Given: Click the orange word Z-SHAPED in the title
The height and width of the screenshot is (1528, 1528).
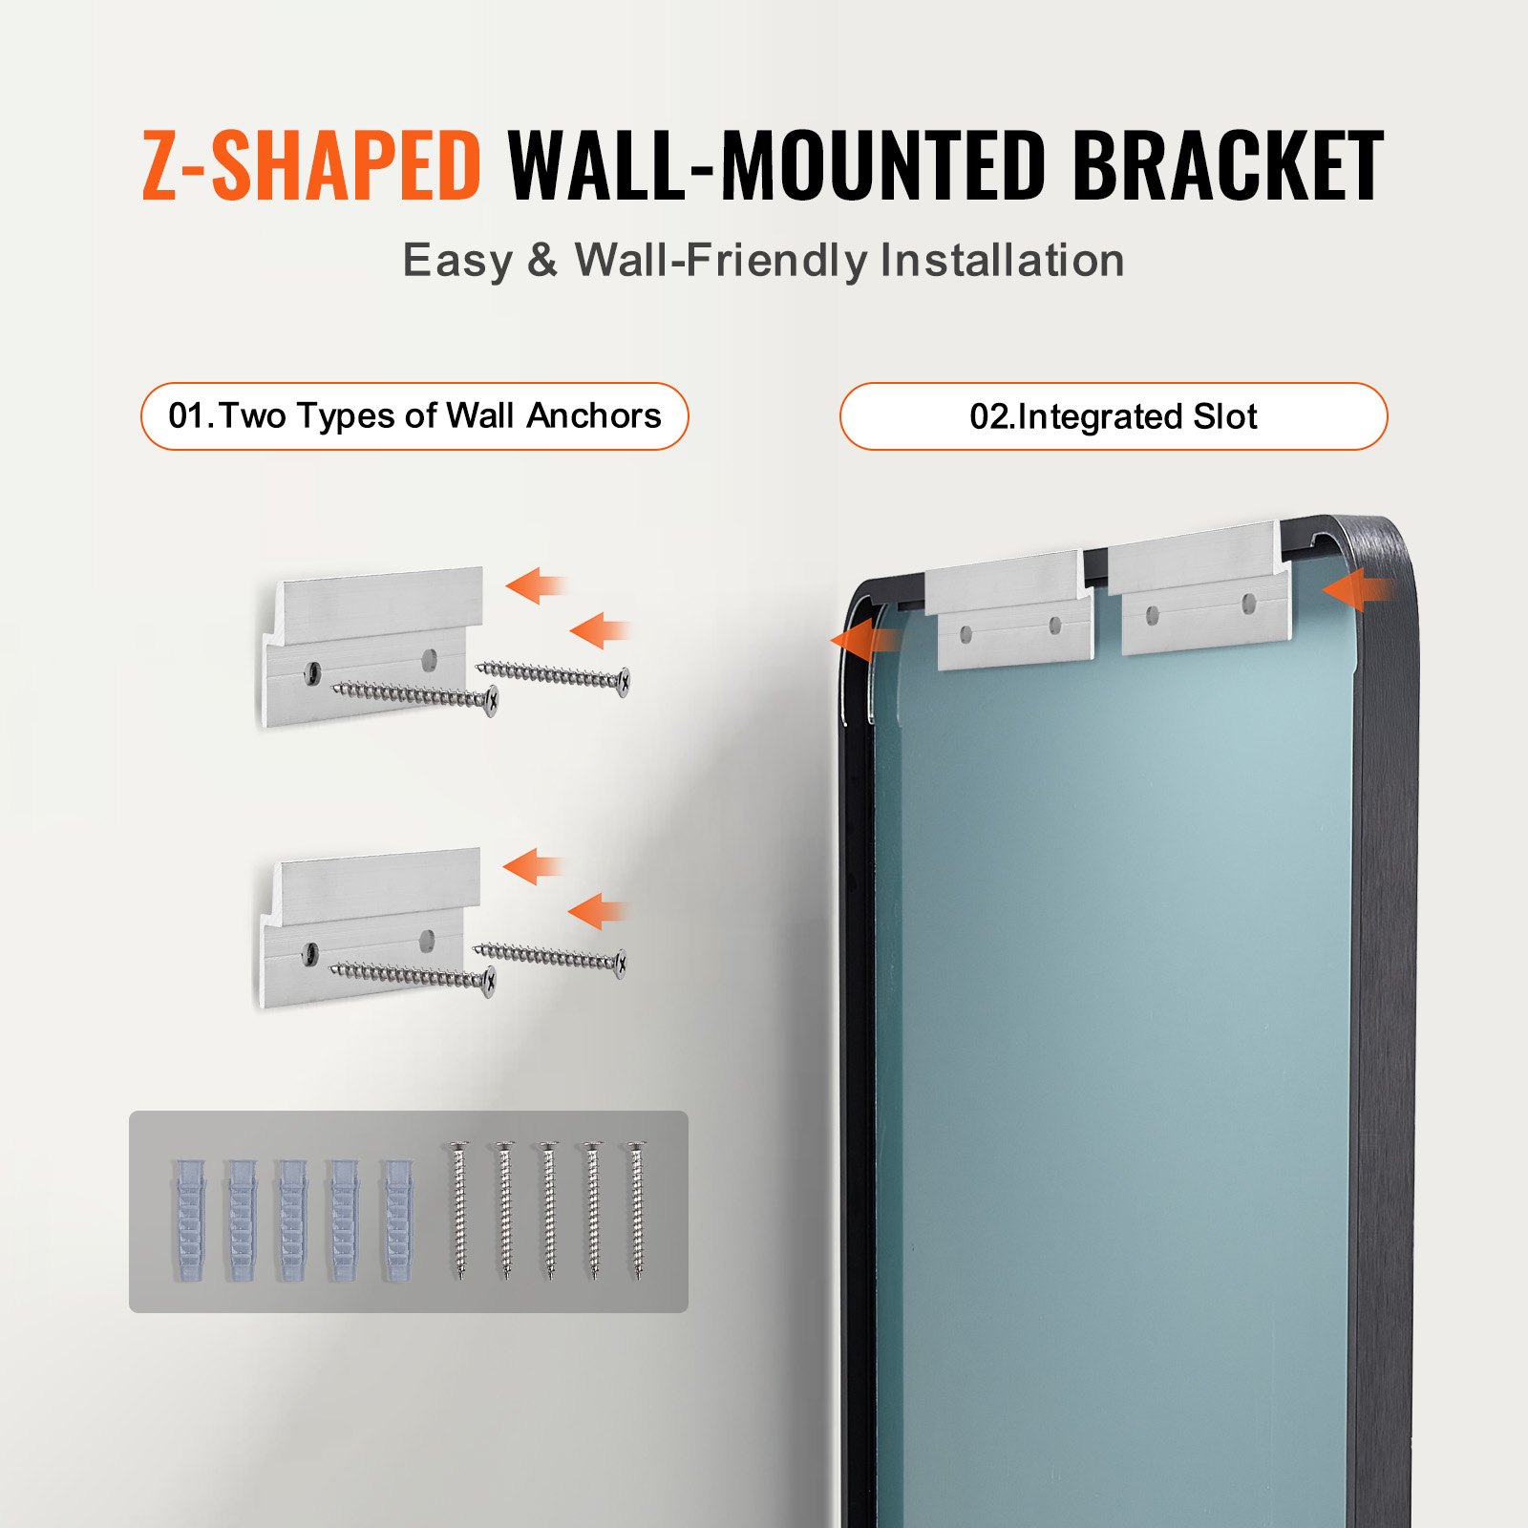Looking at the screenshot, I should pyautogui.click(x=310, y=166).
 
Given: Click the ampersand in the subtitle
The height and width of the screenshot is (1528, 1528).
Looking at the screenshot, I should pyautogui.click(x=541, y=260).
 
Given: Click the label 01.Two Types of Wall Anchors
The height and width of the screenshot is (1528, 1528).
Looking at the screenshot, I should pyautogui.click(x=414, y=416).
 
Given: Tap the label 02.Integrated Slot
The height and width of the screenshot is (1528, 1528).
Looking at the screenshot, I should pyautogui.click(x=1113, y=416).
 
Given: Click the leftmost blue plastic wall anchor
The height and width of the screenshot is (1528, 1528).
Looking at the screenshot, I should pyautogui.click(x=189, y=1220).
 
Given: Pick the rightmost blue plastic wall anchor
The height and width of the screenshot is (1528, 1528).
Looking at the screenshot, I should pyautogui.click(x=398, y=1220).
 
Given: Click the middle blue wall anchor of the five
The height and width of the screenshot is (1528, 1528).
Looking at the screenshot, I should pyautogui.click(x=292, y=1220).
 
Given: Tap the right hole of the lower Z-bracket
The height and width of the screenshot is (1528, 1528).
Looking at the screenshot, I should pyautogui.click(x=427, y=939).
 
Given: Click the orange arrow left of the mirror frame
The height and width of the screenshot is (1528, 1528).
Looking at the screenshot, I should pyautogui.click(x=862, y=639).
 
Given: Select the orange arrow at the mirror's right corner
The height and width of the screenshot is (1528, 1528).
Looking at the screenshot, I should pyautogui.click(x=1356, y=590).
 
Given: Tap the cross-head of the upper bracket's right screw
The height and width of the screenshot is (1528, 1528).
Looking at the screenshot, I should pyautogui.click(x=624, y=681).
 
